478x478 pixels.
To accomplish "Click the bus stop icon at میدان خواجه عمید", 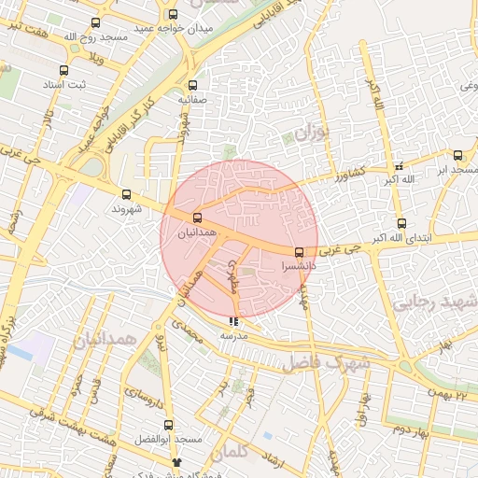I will point(173,14).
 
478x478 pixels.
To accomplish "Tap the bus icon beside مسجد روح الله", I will point(94,23).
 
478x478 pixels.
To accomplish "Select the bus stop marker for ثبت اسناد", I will point(63,71).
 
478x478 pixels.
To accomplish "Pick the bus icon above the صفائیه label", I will point(192,84).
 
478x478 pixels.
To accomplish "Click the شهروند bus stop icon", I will point(126,194).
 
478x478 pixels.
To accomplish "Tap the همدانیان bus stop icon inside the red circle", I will point(196,218).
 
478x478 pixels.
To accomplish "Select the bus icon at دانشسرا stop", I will point(299,252).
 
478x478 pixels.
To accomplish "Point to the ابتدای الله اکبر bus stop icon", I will point(401,223).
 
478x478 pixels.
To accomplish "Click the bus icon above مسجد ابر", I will point(457,156).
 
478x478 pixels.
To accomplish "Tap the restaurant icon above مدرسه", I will point(233,321).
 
